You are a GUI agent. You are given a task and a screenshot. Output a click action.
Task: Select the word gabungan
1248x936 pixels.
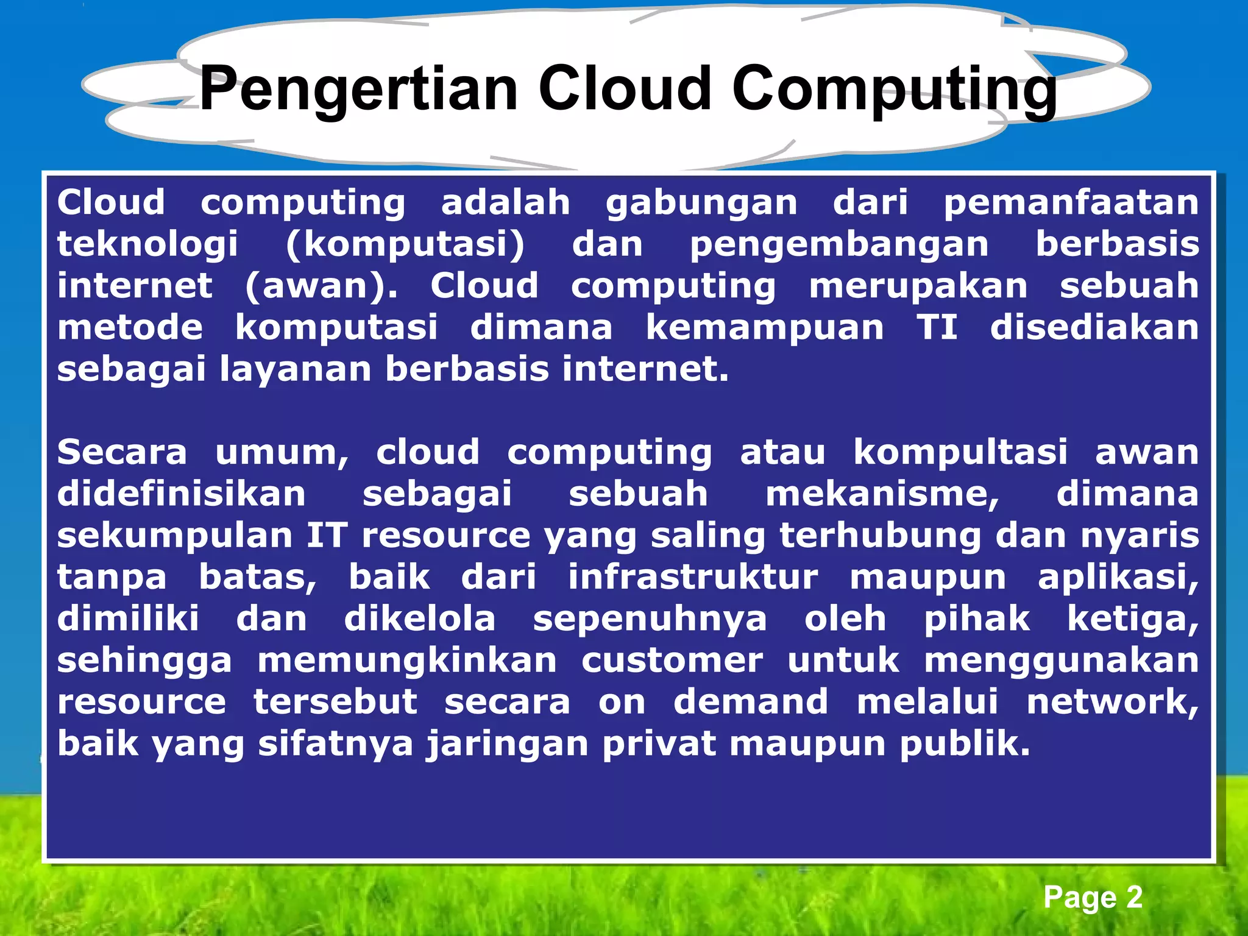tap(701, 204)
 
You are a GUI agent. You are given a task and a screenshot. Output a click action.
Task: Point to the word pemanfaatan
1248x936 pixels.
tap(1071, 202)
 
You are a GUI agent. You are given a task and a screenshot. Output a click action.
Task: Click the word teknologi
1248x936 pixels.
tap(147, 245)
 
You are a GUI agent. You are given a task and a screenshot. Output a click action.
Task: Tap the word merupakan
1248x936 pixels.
tap(918, 286)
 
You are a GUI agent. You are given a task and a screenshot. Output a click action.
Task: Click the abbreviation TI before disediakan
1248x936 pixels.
tap(937, 328)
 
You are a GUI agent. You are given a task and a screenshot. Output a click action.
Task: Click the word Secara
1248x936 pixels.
tap(122, 453)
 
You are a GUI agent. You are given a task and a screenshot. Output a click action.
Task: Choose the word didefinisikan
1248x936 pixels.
tap(182, 494)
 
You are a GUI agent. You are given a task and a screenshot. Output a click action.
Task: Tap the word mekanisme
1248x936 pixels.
tap(883, 494)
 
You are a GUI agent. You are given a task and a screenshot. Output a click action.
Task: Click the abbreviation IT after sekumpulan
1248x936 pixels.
tap(327, 536)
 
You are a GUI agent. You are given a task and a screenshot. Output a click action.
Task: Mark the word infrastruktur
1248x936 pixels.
tap(693, 577)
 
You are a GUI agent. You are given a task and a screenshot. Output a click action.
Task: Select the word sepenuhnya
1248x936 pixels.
tap(650, 620)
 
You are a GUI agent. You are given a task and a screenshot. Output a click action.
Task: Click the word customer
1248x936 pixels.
tap(672, 661)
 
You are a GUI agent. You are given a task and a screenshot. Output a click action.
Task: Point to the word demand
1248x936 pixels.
tap(751, 702)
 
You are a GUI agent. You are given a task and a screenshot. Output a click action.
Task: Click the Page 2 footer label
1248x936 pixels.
tap(1093, 898)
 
